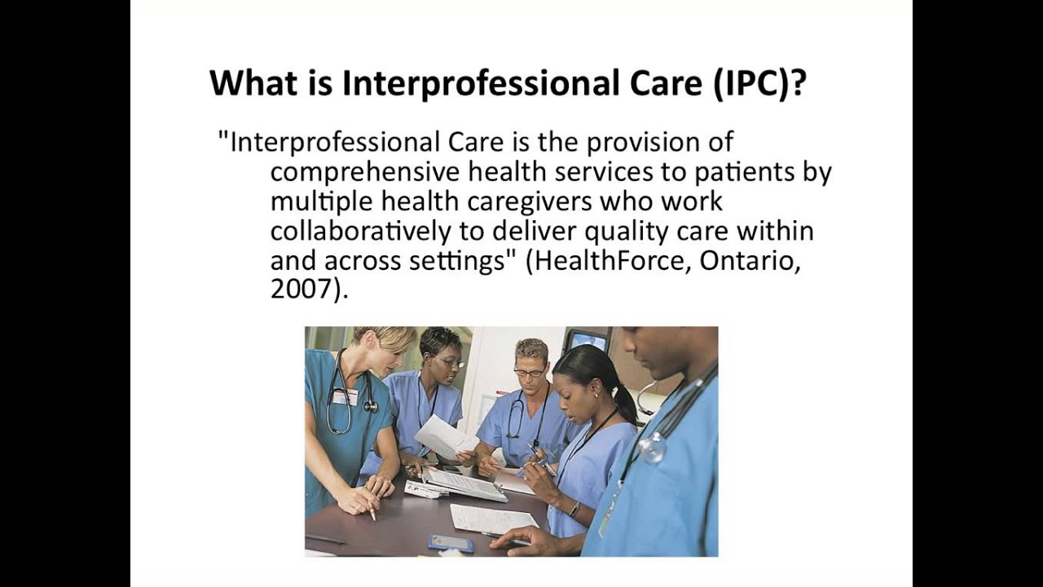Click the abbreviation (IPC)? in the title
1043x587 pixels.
759,84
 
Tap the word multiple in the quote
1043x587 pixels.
322,202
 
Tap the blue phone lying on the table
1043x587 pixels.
451,543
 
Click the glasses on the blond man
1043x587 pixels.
530,372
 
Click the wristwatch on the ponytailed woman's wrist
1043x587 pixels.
575,509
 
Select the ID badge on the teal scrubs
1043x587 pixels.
345,397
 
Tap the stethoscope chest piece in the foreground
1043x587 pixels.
653,448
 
